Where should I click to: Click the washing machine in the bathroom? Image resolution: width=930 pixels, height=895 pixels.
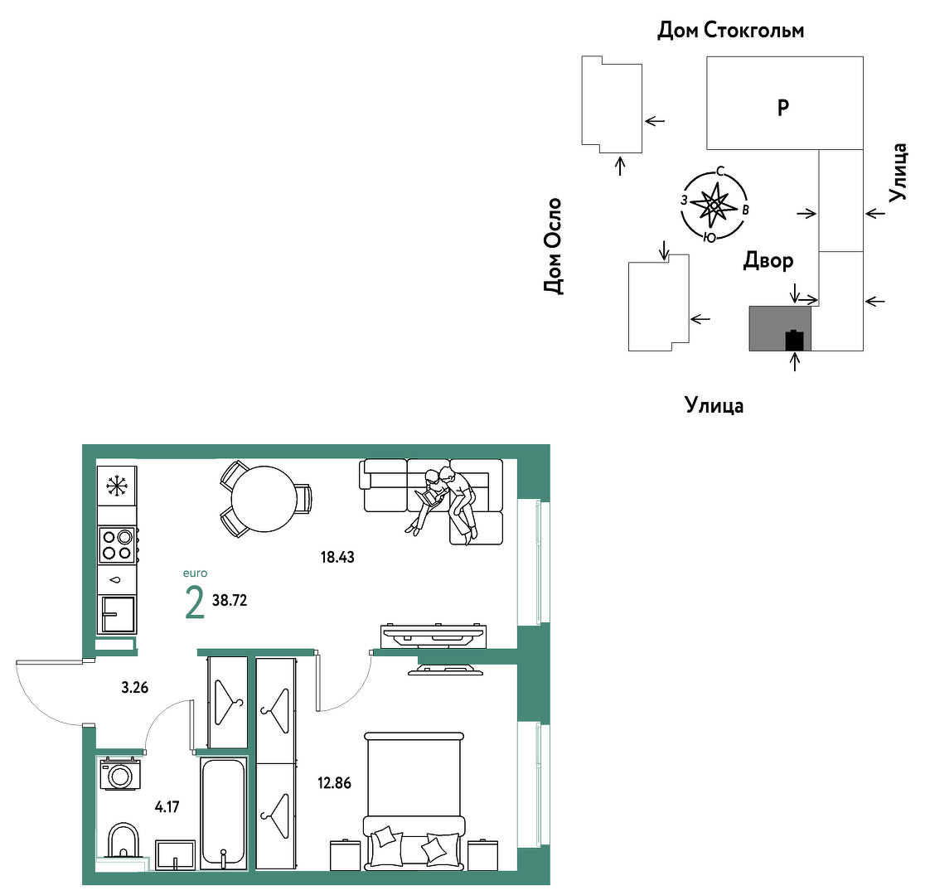click(120, 774)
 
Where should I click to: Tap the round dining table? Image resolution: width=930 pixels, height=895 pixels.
click(264, 499)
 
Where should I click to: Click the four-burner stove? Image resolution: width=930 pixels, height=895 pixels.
click(118, 544)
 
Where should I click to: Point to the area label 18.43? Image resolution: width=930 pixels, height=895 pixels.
click(337, 557)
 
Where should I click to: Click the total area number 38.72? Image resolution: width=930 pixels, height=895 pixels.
click(230, 600)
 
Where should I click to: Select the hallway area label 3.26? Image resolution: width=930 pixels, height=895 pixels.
click(134, 688)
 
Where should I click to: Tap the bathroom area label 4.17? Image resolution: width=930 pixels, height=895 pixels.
click(167, 806)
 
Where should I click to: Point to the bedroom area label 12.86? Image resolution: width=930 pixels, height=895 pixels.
click(335, 783)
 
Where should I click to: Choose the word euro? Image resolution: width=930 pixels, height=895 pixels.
click(195, 573)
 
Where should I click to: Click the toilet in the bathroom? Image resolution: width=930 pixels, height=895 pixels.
click(124, 840)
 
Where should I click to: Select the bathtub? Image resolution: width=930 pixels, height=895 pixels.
click(223, 813)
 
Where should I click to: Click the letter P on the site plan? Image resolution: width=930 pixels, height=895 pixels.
click(783, 108)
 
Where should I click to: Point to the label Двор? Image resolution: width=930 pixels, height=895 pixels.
click(768, 260)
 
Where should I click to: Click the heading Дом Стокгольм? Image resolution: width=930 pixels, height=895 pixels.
click(731, 30)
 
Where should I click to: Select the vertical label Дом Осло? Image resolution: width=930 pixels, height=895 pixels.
click(552, 246)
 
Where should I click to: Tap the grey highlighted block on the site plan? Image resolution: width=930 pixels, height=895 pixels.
click(779, 329)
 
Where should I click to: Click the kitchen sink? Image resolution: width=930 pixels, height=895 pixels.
click(118, 614)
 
